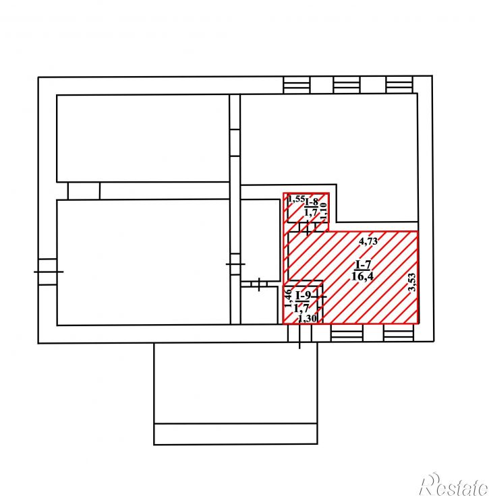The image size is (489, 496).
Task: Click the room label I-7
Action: click(363, 264)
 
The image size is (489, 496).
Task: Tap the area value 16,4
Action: click(362, 276)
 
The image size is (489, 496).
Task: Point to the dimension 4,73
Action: click(368, 241)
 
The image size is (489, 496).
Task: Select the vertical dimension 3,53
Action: click(412, 282)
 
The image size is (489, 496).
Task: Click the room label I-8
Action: click(312, 201)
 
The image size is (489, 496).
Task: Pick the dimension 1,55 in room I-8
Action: click(296, 199)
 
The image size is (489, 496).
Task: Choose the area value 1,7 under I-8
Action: click(310, 212)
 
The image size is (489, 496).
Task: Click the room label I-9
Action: click(304, 295)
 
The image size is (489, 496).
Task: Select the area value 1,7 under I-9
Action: click(301, 308)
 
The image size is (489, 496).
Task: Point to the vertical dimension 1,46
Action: click(288, 299)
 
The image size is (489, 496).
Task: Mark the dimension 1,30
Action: click(308, 319)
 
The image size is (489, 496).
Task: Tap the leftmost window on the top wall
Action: click(297, 85)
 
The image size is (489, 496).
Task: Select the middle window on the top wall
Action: click(347, 85)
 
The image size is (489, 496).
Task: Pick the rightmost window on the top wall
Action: click(399, 85)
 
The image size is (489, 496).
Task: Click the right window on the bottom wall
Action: click(399, 332)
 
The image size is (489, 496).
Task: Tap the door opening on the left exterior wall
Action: click(48, 272)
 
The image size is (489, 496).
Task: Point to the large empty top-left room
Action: click(143, 138)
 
